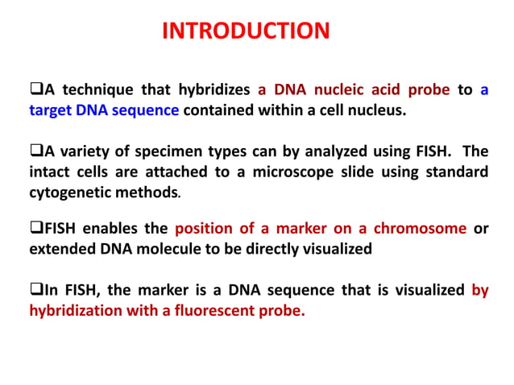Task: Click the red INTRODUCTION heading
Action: pos(246,31)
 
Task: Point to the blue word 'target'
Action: pos(51,110)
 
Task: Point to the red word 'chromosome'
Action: pos(425,229)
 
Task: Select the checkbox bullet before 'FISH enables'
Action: pos(35,229)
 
